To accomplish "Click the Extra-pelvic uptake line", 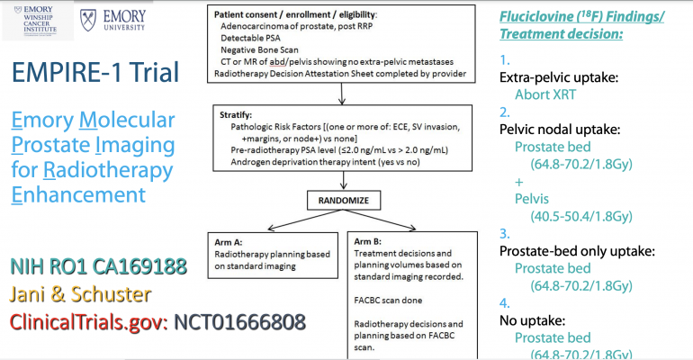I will pos(553,77).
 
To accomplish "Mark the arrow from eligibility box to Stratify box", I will pos(342,94).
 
